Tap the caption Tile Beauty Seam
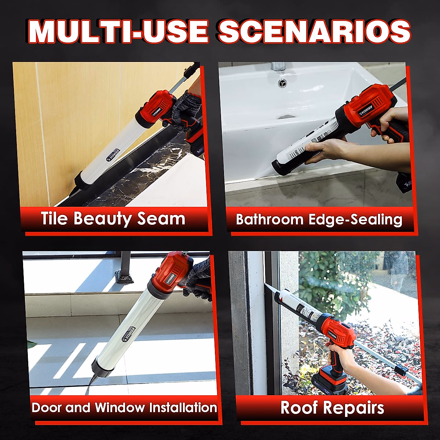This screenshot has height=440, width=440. (x=113, y=219)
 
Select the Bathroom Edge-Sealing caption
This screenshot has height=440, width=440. (x=319, y=219)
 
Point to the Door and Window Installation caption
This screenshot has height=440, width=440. (x=124, y=407)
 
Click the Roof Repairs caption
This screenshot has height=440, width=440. (x=332, y=408)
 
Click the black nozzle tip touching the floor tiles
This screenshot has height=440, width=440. (x=91, y=381)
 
